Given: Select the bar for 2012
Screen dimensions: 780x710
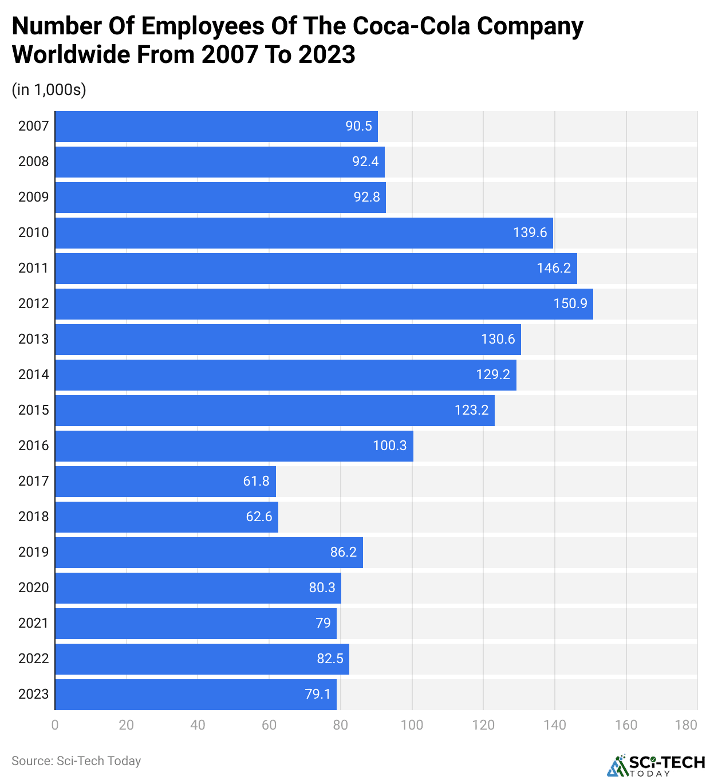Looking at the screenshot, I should pyautogui.click(x=324, y=304).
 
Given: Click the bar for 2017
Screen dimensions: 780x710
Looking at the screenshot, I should pyautogui.click(x=165, y=481).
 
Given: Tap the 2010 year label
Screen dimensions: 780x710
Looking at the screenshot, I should pyautogui.click(x=33, y=233).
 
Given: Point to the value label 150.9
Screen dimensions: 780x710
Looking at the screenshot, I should pyautogui.click(x=570, y=304).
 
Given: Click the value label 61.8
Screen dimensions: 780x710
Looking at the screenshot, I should pyautogui.click(x=256, y=481).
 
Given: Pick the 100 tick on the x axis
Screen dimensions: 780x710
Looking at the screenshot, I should pyautogui.click(x=412, y=725).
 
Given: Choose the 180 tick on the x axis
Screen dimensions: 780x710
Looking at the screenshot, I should pyautogui.click(x=686, y=725).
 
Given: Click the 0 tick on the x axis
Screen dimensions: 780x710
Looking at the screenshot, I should pyautogui.click(x=55, y=725).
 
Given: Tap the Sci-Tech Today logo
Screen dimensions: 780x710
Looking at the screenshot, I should pyautogui.click(x=656, y=766).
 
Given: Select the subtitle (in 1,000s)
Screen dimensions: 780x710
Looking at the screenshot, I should pyautogui.click(x=49, y=90).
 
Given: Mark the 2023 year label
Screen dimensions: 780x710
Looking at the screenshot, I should pyautogui.click(x=33, y=694).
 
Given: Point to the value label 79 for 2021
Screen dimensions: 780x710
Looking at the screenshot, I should pyautogui.click(x=323, y=623).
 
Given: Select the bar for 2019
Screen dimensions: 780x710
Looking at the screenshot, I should pyautogui.click(x=209, y=552).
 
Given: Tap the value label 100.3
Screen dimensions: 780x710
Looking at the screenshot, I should pyautogui.click(x=389, y=446).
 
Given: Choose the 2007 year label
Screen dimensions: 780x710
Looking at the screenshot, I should pyautogui.click(x=33, y=126).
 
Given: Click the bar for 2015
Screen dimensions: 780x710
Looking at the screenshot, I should pyautogui.click(x=275, y=410).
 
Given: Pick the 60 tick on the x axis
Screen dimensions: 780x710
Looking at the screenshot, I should pyautogui.click(x=269, y=725).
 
